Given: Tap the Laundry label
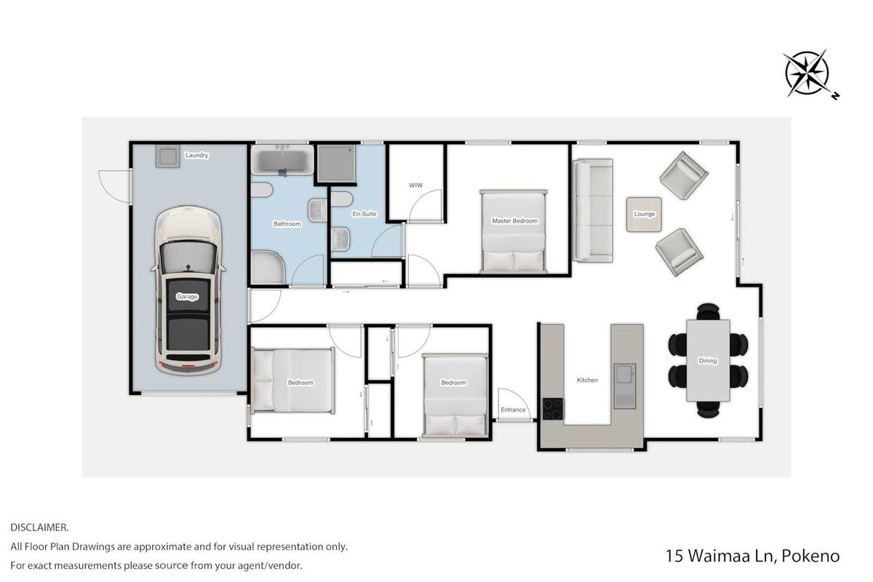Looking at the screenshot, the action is [x=197, y=155].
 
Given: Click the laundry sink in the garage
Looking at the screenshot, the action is [x=168, y=156].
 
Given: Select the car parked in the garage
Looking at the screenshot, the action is [x=188, y=290].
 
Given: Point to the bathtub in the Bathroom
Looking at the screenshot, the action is [x=282, y=160].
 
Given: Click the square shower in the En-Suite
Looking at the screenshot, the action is [x=336, y=164].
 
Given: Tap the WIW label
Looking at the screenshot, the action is [x=416, y=186].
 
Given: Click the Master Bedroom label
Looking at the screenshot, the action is [x=515, y=221].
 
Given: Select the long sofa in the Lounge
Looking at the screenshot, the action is [x=593, y=210].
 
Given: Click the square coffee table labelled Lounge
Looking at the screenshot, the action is [x=644, y=215].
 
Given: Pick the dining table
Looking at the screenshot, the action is [x=708, y=361].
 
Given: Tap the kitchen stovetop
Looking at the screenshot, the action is [x=553, y=409].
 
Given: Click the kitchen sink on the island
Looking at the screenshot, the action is [x=625, y=386].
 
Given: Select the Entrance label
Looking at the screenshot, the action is [x=513, y=410].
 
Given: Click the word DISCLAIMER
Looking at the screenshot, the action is [x=39, y=527].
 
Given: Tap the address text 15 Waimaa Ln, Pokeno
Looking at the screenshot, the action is [x=752, y=556].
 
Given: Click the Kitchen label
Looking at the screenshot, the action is [x=587, y=380].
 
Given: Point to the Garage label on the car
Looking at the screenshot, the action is [x=188, y=297].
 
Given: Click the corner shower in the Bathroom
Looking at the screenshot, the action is [x=268, y=268].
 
